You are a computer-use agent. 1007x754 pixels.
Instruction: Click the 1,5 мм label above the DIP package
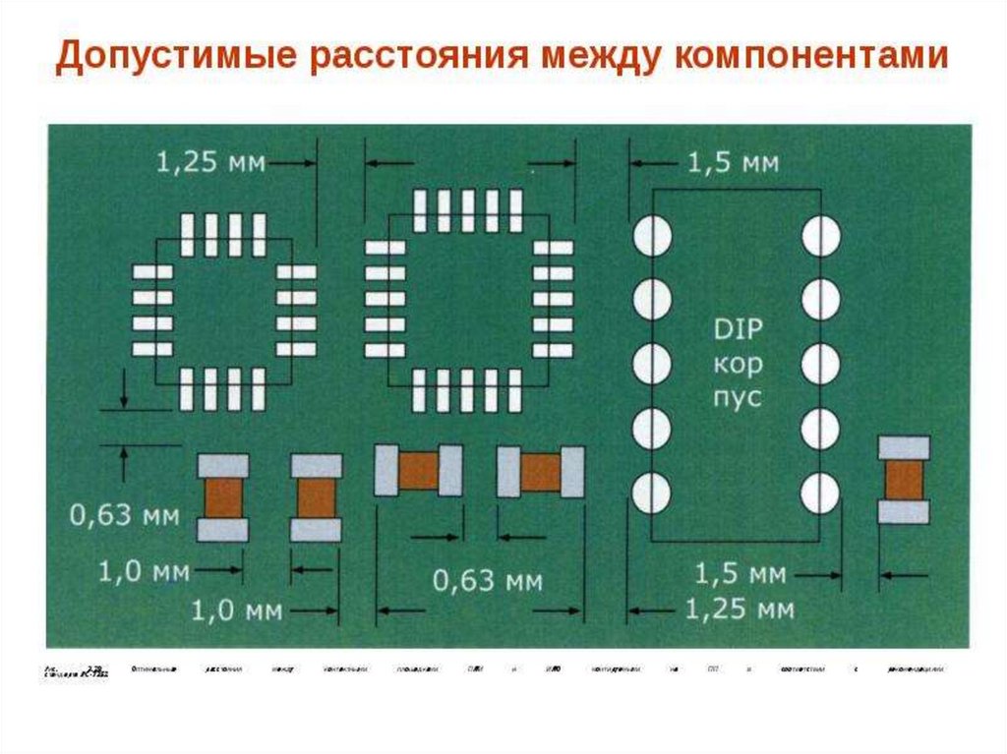click(x=734, y=162)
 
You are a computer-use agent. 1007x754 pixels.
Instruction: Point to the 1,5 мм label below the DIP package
click(x=740, y=573)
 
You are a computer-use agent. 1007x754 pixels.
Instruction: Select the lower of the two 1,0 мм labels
click(x=236, y=611)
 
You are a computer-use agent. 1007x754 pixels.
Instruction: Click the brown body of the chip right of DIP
click(x=903, y=481)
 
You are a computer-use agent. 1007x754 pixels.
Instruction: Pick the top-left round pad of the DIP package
click(x=651, y=237)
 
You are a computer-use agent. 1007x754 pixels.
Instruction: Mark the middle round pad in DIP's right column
click(x=820, y=364)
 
